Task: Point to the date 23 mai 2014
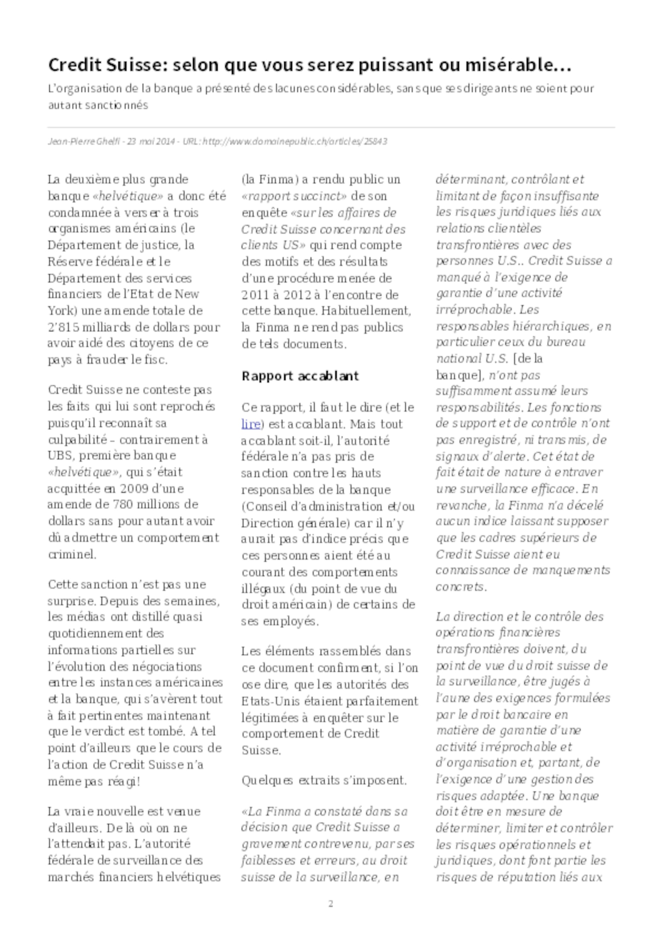point(151,142)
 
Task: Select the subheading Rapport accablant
point(300,376)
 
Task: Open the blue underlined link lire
point(251,424)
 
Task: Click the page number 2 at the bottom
point(330,904)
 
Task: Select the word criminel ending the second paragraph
point(72,554)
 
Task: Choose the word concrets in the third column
point(460,587)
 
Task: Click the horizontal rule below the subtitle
point(330,127)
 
